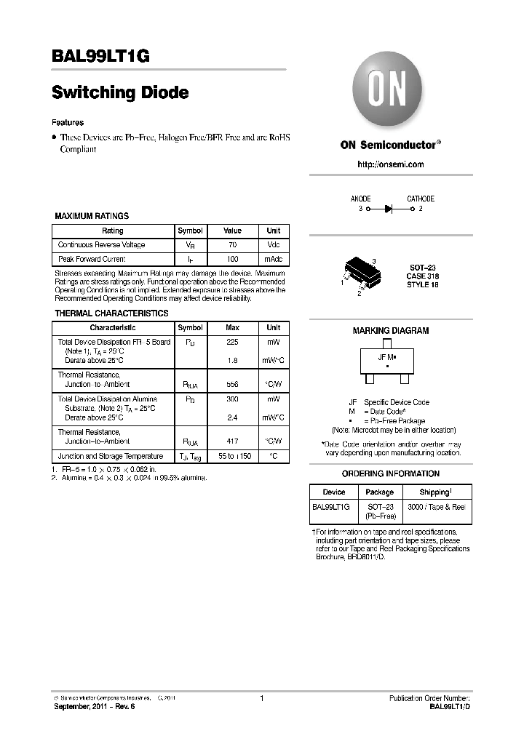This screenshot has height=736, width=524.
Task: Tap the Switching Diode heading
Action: (120, 93)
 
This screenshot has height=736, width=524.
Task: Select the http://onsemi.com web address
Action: (391, 164)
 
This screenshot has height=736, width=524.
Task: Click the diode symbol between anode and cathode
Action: (389, 209)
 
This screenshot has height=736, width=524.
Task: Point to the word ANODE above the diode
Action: (360, 199)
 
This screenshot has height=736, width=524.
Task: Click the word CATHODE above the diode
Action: (420, 199)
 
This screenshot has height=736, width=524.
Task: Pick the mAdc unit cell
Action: (273, 259)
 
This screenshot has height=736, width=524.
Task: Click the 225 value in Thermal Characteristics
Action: (232, 341)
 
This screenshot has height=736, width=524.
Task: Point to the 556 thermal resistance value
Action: (232, 384)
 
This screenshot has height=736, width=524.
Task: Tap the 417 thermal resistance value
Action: (232, 441)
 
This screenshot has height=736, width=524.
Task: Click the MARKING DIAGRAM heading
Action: (390, 330)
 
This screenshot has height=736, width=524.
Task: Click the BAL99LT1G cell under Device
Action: (331, 505)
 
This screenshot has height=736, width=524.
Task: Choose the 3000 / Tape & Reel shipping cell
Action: (434, 505)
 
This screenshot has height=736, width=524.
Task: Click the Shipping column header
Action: (434, 492)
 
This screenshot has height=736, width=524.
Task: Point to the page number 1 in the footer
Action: (261, 699)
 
